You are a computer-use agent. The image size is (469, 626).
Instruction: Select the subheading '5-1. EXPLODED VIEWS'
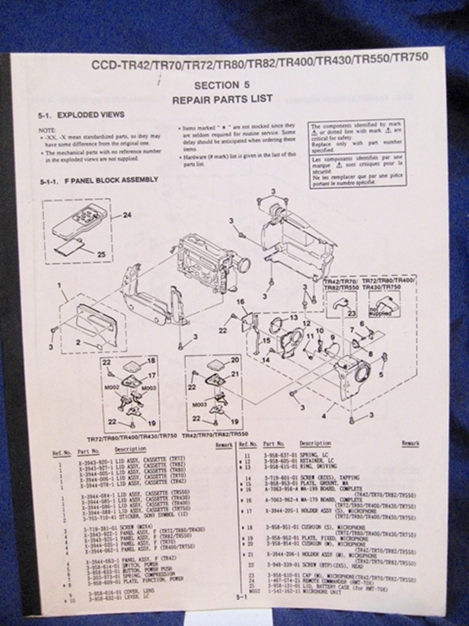[81, 116]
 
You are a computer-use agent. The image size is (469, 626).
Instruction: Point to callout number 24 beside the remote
[126, 215]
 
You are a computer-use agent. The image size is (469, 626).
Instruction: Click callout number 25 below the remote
[102, 254]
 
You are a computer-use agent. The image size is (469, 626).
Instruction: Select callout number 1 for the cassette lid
[60, 287]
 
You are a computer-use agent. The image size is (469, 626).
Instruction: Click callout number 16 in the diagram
[240, 302]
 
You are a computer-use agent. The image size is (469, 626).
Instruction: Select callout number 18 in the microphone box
[151, 360]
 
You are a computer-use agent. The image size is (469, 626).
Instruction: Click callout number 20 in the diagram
[234, 359]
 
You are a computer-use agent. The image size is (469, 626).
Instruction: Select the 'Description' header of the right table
[314, 443]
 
